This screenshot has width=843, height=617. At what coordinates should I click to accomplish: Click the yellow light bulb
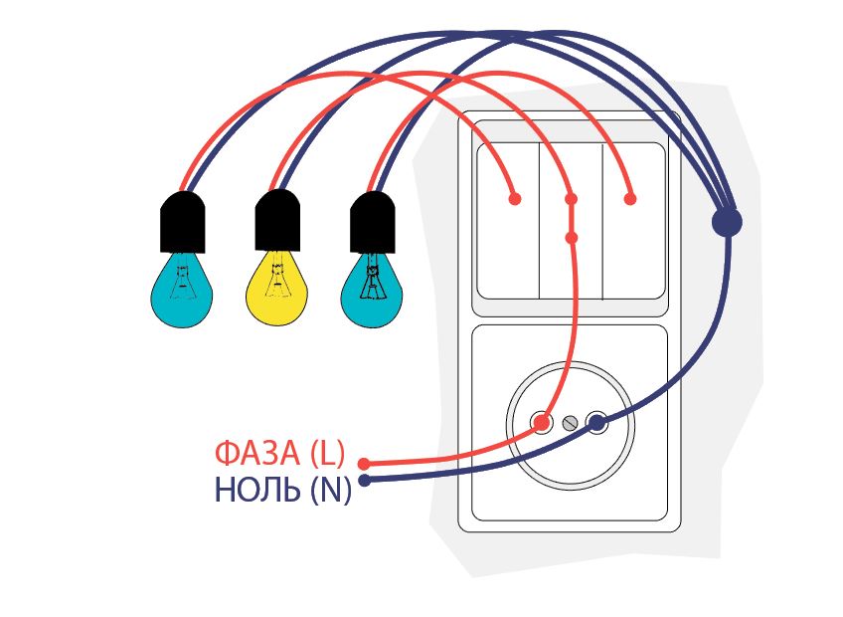point(276,290)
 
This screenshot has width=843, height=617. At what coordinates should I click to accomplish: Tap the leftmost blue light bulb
point(182,291)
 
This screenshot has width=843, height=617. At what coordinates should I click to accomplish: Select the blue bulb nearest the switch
point(372,291)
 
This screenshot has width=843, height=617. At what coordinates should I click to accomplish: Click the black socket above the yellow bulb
point(277,221)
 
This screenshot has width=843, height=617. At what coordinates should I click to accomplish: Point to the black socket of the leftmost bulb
point(183,223)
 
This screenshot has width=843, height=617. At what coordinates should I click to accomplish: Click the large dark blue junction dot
point(727,222)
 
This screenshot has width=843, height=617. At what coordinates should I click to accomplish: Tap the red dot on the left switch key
point(515,199)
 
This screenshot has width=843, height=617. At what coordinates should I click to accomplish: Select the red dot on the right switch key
point(630,199)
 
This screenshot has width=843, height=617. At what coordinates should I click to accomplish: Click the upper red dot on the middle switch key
point(572,199)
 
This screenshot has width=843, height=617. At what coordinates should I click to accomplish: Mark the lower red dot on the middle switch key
point(572,238)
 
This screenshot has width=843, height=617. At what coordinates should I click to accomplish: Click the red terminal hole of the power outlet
point(542,423)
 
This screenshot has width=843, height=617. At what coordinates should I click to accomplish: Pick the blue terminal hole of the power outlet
point(596,423)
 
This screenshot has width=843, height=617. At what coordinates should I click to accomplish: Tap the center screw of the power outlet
point(570,423)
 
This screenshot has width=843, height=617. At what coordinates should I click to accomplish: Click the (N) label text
point(331,491)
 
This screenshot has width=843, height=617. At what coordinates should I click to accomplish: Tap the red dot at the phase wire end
point(364,464)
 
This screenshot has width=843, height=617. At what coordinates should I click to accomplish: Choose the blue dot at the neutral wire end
point(365,480)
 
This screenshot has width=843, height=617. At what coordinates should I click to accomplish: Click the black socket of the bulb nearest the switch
point(372,223)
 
